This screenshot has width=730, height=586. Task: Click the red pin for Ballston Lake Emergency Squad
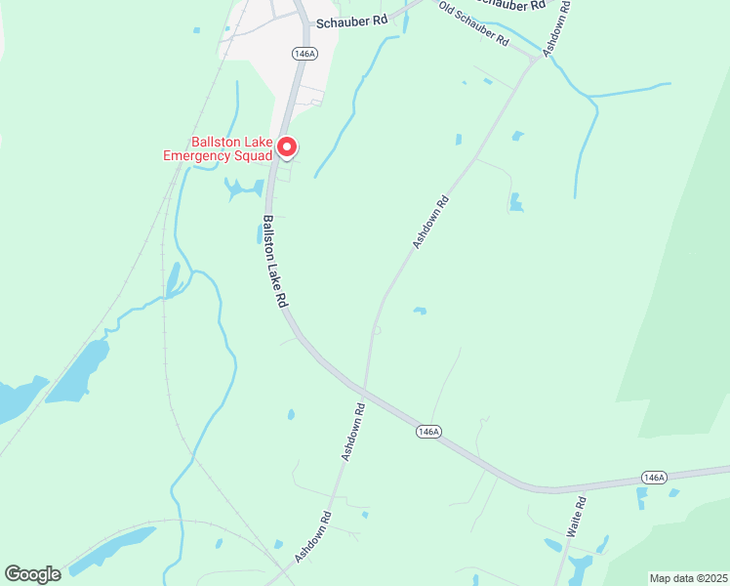tap(287, 146)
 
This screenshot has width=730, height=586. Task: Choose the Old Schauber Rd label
tap(473, 24)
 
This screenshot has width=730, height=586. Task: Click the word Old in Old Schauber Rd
tap(448, 12)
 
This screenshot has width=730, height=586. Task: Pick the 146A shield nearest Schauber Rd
tap(304, 54)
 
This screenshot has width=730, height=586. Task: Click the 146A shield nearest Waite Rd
tap(654, 477)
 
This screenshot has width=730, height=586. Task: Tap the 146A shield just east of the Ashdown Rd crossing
tap(427, 431)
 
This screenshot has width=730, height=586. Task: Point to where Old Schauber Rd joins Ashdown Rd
tap(533, 61)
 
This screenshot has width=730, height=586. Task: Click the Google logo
tap(32, 574)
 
